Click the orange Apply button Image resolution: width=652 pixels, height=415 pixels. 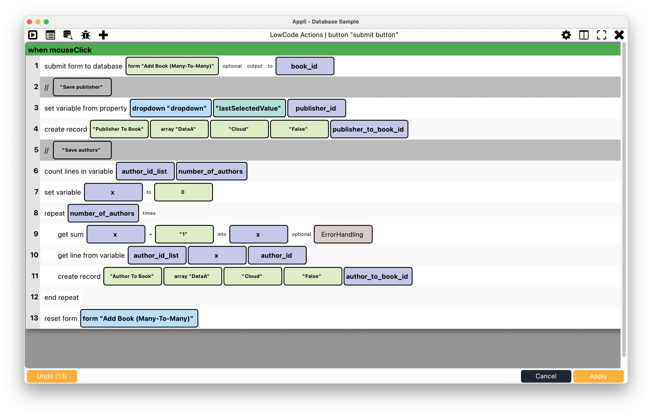(x=598, y=376)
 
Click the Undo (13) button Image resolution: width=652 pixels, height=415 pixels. (x=52, y=376)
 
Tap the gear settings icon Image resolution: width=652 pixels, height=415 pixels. (x=566, y=35)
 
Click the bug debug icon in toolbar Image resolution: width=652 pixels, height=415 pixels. (x=86, y=35)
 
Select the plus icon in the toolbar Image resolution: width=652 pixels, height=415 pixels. (x=103, y=35)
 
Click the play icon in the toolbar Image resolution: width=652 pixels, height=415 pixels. (x=33, y=35)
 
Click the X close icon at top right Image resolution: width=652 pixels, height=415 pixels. (x=619, y=35)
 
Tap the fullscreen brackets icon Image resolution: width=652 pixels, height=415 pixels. (x=601, y=35)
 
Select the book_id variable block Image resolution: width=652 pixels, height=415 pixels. (x=305, y=66)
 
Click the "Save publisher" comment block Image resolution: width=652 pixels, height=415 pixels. (x=82, y=87)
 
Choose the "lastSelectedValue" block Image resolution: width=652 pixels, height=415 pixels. (x=249, y=108)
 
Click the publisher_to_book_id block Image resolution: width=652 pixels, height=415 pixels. (x=369, y=129)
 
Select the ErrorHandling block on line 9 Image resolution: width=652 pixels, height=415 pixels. (x=343, y=234)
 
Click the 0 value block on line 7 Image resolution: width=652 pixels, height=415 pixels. (x=183, y=192)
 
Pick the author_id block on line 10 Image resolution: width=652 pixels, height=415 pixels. (x=277, y=255)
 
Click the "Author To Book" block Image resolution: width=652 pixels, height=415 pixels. (x=132, y=276)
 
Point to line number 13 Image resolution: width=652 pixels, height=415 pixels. (x=34, y=318)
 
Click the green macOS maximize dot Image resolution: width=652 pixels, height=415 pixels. (x=46, y=22)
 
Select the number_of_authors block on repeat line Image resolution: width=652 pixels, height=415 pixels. (x=103, y=213)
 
